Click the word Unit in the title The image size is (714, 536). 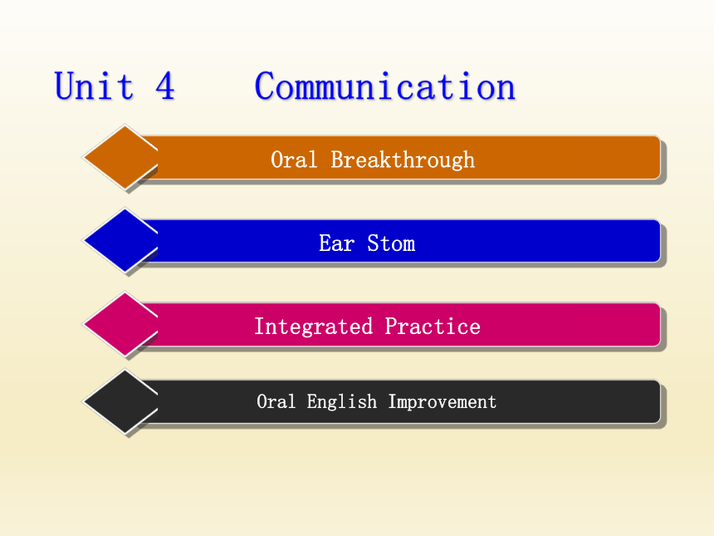(x=95, y=86)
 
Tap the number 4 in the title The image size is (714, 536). (x=165, y=86)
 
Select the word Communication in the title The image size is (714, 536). (x=384, y=86)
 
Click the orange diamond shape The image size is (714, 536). (x=120, y=157)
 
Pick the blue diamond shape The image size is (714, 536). (x=120, y=240)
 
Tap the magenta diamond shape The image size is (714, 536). (x=120, y=324)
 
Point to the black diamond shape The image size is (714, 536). (x=120, y=401)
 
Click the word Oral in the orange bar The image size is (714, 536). (x=294, y=160)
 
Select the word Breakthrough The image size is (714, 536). (x=403, y=160)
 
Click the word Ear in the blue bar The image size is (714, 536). (x=336, y=243)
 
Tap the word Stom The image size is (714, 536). (x=391, y=243)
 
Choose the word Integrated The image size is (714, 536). (x=313, y=327)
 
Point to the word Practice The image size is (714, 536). (x=433, y=327)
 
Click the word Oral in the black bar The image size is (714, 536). (x=276, y=401)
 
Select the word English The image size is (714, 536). (x=341, y=402)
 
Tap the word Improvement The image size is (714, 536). (x=443, y=402)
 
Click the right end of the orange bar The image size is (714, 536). (x=660, y=157)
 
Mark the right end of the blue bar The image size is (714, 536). (x=660, y=241)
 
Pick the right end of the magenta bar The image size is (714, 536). (x=660, y=325)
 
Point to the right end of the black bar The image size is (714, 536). (x=660, y=402)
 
